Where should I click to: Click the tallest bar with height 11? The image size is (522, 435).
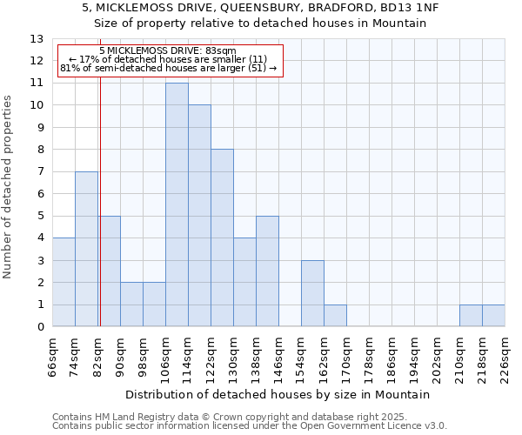tap(177, 204)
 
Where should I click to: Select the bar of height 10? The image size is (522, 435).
tap(199, 216)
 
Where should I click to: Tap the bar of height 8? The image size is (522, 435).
tap(222, 238)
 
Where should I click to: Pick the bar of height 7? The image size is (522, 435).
tap(86, 249)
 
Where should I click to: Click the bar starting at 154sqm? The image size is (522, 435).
tap(312, 293)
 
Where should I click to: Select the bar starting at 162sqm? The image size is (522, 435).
tap(335, 316)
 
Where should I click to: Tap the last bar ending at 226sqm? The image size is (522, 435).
tap(493, 316)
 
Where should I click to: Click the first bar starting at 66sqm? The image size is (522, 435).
tap(64, 282)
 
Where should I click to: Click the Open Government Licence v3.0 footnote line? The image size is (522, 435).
tap(250, 426)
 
